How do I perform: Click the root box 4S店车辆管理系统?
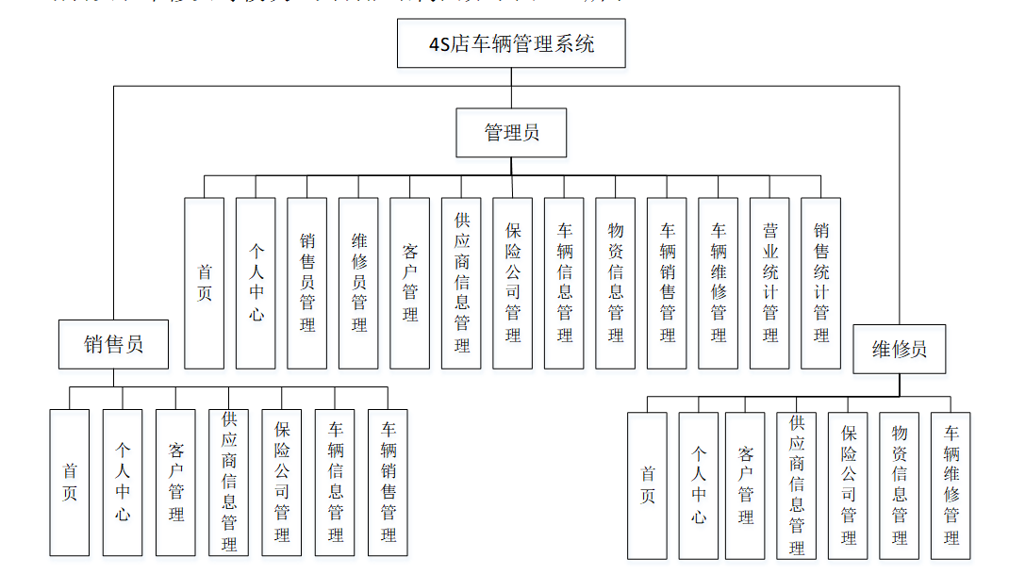tap(511, 43)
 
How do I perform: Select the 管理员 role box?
tap(511, 132)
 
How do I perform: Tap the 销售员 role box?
tap(114, 344)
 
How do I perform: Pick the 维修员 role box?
tap(899, 349)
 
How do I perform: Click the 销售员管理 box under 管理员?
tap(307, 283)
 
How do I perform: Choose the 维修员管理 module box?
tap(358, 283)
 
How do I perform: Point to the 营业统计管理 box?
tap(769, 283)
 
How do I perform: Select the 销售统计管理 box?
tap(820, 283)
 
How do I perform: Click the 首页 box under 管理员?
tap(205, 283)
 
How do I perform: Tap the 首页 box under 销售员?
tap(70, 482)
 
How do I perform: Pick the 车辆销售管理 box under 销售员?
tap(389, 482)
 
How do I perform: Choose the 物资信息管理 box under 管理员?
tap(616, 283)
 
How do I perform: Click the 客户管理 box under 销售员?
tap(176, 482)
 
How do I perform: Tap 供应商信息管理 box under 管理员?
tap(461, 283)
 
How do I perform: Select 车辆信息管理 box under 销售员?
tap(336, 482)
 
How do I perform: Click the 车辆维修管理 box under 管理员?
tap(719, 283)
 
